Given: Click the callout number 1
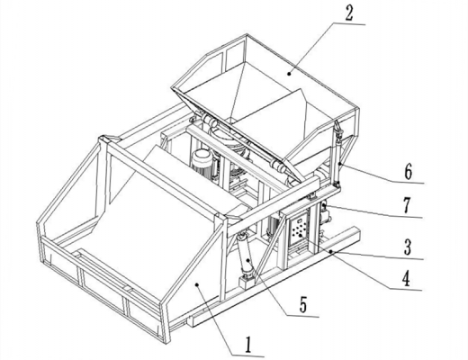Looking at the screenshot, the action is coord(247,345).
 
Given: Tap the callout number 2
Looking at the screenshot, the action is coord(349,13).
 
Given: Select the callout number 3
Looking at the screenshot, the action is coord(407,247).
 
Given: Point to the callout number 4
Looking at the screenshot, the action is coord(406,279).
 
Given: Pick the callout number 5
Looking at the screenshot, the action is coord(303,305).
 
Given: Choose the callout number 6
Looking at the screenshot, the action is coord(408,172).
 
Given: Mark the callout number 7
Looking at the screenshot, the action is coord(407,206).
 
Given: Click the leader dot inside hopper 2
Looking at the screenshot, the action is coord(289,73).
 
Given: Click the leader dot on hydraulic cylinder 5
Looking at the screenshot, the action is coord(248,260).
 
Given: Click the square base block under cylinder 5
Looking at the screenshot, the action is coord(246,283).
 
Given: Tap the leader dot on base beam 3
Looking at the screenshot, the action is coord(330,251).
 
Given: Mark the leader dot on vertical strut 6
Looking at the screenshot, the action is coord(339,164).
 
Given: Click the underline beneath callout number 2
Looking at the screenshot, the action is coord(349,23).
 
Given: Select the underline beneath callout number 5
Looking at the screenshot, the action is coord(302,316).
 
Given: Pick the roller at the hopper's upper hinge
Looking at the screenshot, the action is coord(209,121).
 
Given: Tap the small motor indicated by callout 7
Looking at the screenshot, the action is coord(325,214).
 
